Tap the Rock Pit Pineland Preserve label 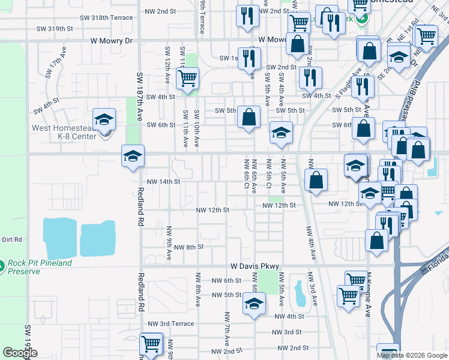click(x=40, y=267)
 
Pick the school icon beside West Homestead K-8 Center click(x=104, y=119)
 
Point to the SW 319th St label click(x=55, y=28)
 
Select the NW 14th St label click(x=164, y=181)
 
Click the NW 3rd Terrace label click(x=175, y=323)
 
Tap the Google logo click(x=20, y=353)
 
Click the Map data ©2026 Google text click(x=412, y=355)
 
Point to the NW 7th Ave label click(x=227, y=330)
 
